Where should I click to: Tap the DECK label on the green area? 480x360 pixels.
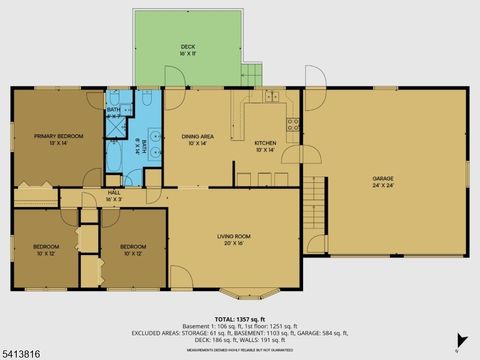(188, 47)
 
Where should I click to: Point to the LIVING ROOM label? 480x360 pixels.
(232, 236)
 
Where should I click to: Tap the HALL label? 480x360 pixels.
(113, 193)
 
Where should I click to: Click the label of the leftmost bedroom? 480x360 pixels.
(46, 246)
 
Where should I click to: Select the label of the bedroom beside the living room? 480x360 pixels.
(133, 246)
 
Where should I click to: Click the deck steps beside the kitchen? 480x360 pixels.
(251, 73)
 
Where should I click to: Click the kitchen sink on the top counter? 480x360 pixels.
(270, 97)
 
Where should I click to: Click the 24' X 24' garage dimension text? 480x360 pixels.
(383, 186)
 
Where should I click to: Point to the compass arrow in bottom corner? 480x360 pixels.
(460, 340)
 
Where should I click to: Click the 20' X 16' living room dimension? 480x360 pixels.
(232, 244)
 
